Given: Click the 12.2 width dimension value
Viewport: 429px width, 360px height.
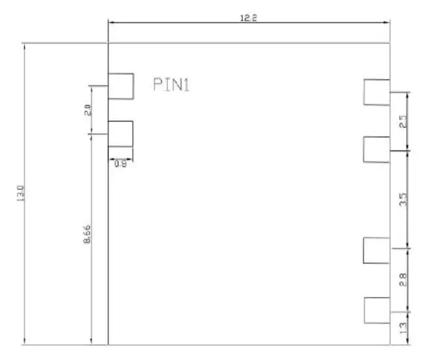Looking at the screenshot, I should pos(248,18).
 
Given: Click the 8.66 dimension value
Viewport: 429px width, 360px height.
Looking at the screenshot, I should pos(87,236).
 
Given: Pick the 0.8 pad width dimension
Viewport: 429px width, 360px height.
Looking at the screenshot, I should pos(120,164).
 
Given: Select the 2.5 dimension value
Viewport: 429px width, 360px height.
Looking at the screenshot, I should pos(403,122).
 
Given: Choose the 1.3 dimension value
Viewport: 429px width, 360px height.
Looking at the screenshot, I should pos(403,325).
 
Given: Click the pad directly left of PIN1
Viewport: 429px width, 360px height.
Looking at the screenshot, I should pos(121,86).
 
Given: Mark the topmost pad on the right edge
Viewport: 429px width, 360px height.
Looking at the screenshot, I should pos(376,92).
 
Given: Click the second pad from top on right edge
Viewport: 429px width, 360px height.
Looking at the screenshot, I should pos(376,149).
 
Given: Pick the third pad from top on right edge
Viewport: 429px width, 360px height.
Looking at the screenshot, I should pos(376,250).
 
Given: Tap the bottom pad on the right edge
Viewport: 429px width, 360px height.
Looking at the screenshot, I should pos(376,310).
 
